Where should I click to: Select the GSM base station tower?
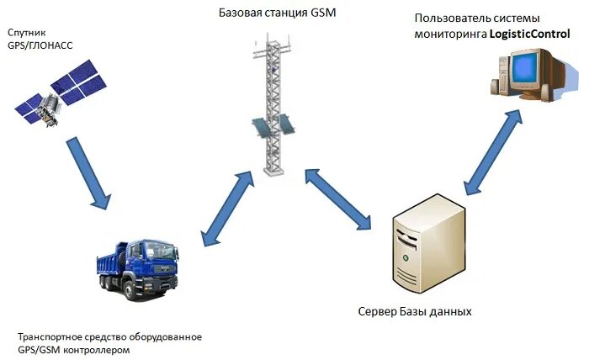(x=274, y=109)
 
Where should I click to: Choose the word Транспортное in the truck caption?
(x=50, y=336)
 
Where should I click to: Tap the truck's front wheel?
(x=134, y=291)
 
